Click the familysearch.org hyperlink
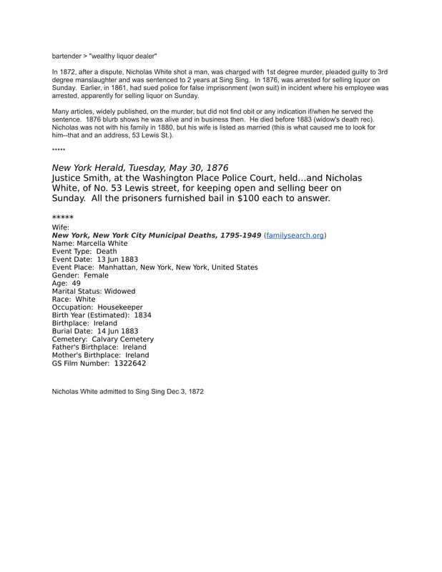(x=295, y=235)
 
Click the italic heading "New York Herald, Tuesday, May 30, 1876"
(x=140, y=167)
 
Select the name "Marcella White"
(x=101, y=243)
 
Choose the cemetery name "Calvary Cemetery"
(x=122, y=339)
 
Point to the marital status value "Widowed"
(x=119, y=291)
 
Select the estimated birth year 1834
(x=143, y=315)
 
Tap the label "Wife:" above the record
(x=62, y=227)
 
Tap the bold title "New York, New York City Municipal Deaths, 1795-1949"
(x=156, y=235)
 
